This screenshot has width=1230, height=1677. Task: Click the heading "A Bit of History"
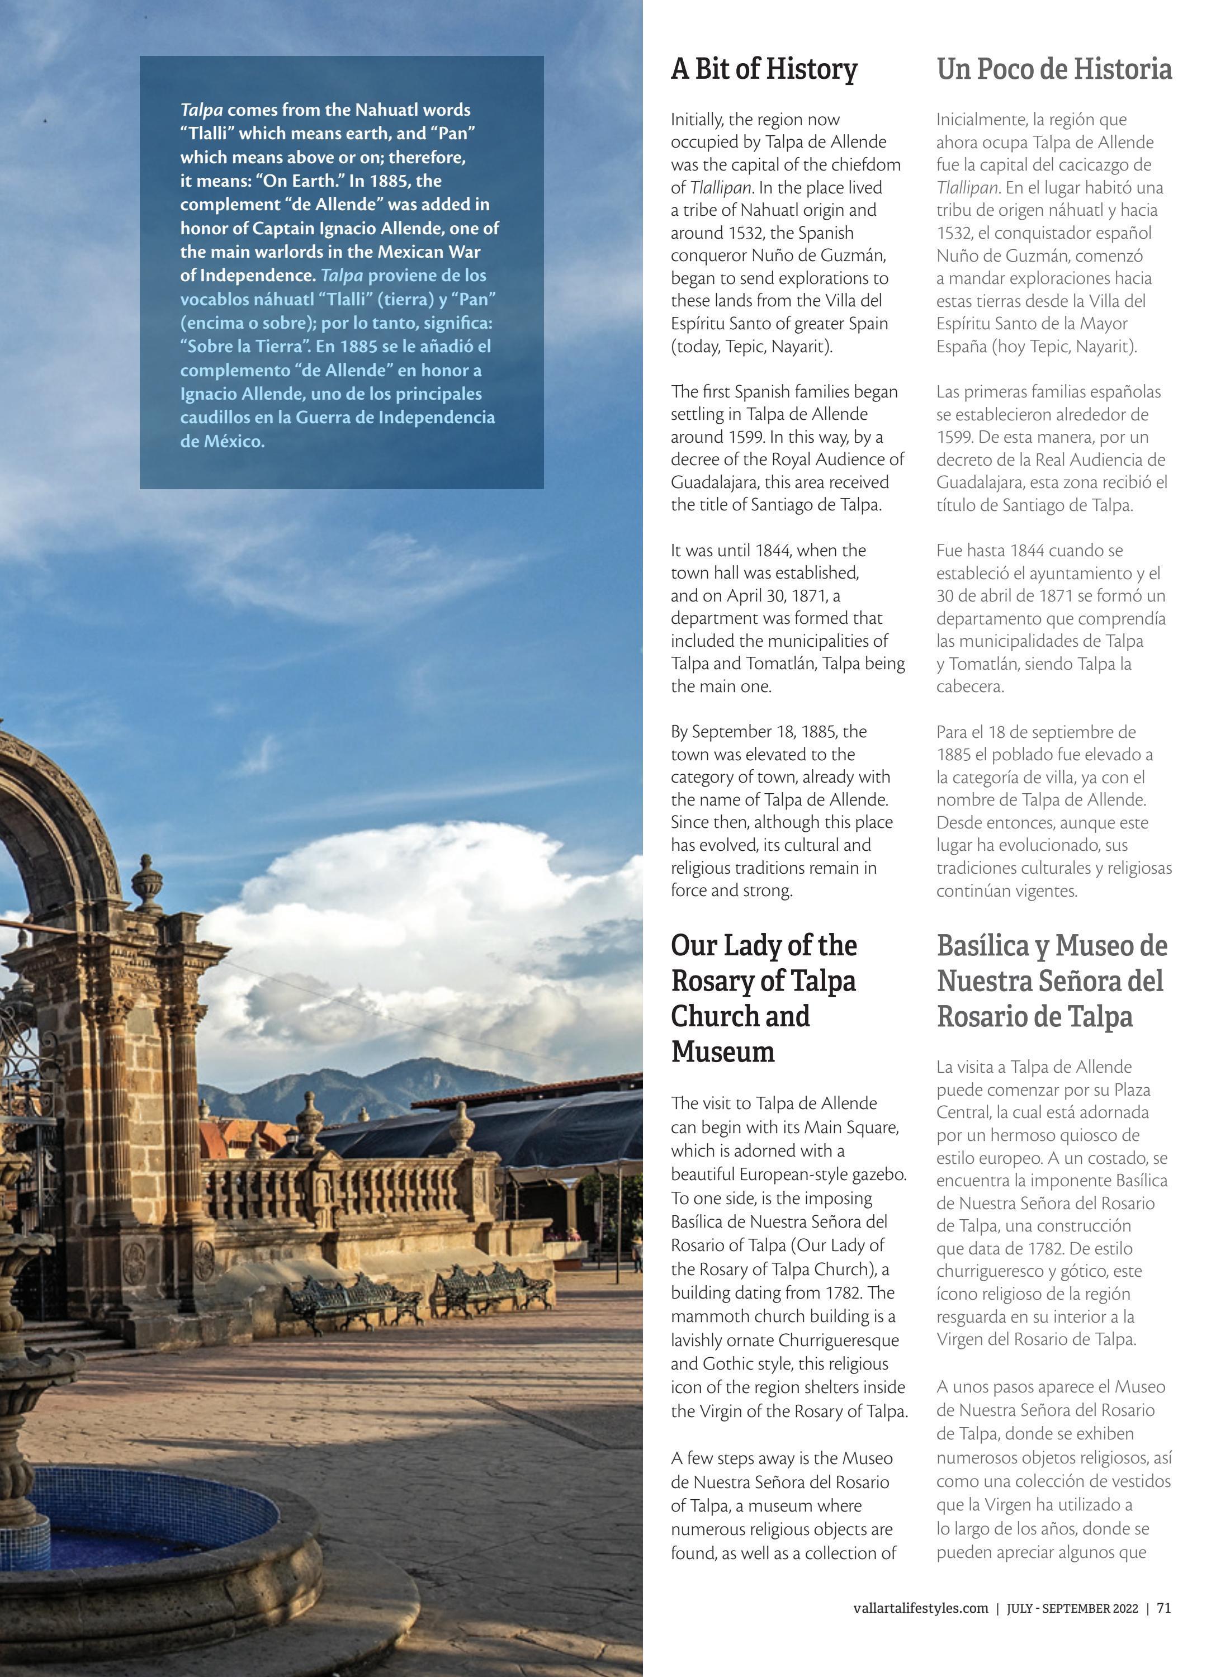tap(763, 69)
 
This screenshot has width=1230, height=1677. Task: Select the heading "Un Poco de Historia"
tap(1053, 69)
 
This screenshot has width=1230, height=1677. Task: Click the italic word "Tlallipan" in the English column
tap(720, 188)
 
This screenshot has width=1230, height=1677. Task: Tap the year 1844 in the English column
tap(774, 550)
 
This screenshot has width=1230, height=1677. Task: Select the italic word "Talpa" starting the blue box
tap(201, 110)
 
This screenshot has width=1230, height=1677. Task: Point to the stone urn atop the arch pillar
tap(146, 883)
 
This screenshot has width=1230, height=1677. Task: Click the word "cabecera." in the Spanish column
tap(969, 686)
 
